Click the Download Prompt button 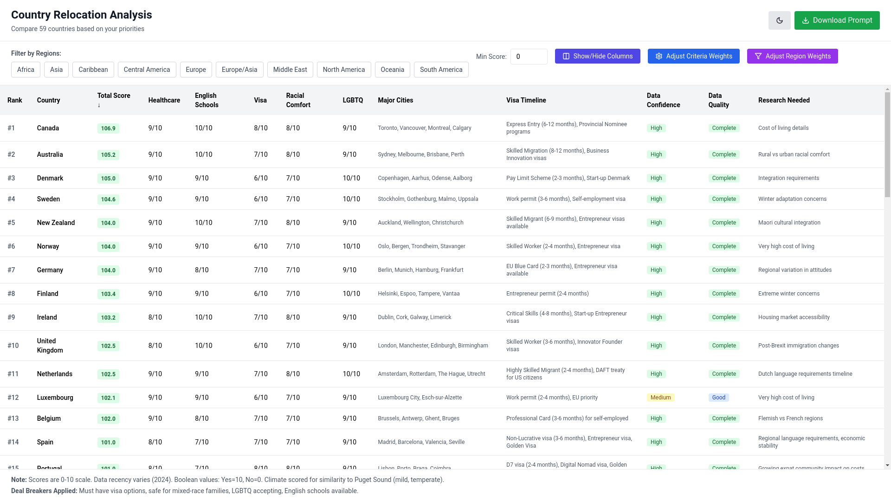837,20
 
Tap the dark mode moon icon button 779,20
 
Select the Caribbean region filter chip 93,70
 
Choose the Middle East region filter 290,70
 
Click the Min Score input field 529,57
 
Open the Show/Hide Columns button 597,56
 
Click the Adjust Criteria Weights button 693,56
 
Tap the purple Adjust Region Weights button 792,56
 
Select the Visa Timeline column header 526,100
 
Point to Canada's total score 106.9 108,128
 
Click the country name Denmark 50,178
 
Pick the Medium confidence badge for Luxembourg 660,398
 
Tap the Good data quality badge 718,398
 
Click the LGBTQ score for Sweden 351,199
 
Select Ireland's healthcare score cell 155,317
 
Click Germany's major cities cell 420,270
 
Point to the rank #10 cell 13,346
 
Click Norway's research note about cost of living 786,246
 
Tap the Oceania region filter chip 392,70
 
